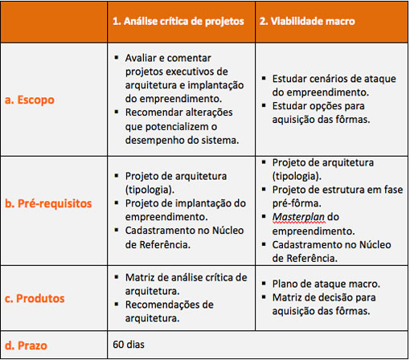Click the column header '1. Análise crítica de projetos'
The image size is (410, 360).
178,22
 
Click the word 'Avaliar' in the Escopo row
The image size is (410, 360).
144,59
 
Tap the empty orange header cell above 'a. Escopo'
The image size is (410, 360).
52,22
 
